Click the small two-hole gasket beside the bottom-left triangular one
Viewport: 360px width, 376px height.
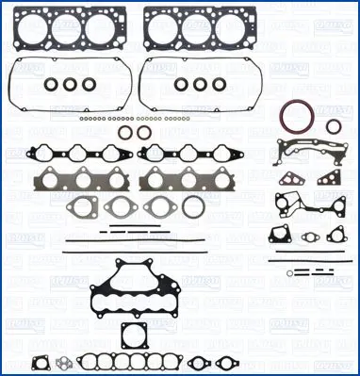[x=62, y=361]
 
